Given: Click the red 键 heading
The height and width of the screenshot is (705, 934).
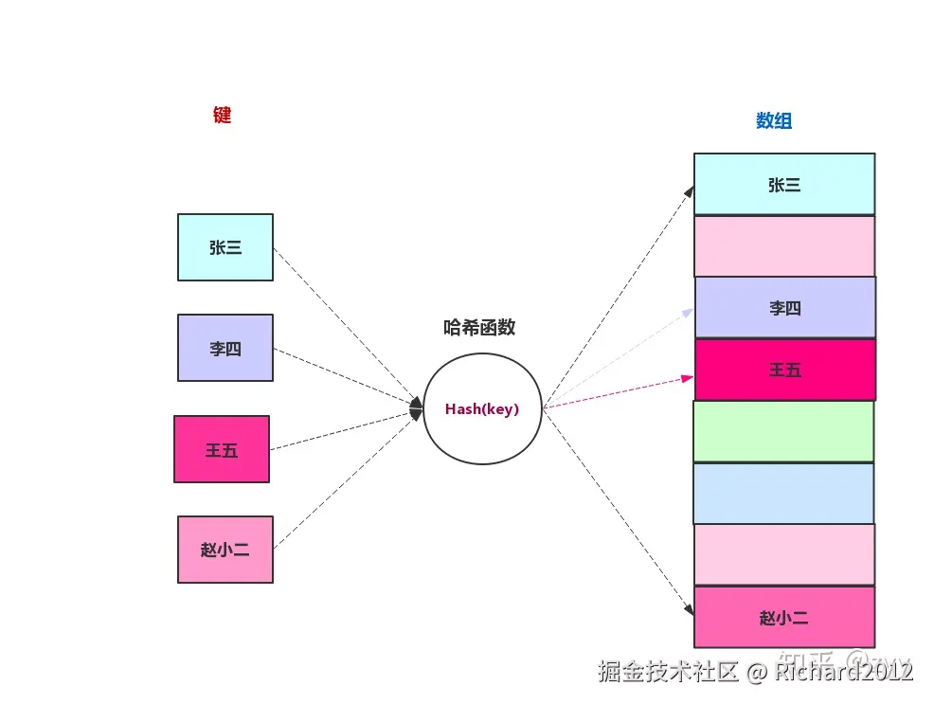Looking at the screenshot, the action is point(223,116).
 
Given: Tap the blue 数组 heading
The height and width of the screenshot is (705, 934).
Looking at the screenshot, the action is point(774,120).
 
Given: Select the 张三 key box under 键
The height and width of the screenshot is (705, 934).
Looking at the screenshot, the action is point(225,247).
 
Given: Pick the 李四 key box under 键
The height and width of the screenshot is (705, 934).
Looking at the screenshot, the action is point(225,348).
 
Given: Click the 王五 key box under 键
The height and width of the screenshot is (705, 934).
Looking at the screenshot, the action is point(222,449).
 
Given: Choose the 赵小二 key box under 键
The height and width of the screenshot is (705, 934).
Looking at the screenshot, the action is point(225,550).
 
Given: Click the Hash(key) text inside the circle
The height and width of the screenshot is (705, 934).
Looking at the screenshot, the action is point(482,409).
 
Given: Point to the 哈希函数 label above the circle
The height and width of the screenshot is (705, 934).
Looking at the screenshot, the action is point(479,328).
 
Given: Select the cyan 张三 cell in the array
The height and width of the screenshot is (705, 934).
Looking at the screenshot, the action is point(784,185).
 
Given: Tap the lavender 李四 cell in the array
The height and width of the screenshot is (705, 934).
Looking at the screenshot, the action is point(785,308).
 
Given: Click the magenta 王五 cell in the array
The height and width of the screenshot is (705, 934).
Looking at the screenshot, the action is point(785,370).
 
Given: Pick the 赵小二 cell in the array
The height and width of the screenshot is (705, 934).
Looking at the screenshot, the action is point(784,618).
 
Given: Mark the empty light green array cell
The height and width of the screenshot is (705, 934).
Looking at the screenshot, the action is point(783,431).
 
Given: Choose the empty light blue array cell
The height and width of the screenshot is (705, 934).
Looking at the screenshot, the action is point(783,494).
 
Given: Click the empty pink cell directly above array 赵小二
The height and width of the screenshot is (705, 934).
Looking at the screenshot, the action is point(784,554).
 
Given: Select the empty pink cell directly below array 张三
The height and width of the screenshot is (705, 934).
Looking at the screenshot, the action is point(784,246).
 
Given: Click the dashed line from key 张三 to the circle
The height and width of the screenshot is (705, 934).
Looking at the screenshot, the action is point(346,322).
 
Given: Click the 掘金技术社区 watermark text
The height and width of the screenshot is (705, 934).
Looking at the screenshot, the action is point(668,672).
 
